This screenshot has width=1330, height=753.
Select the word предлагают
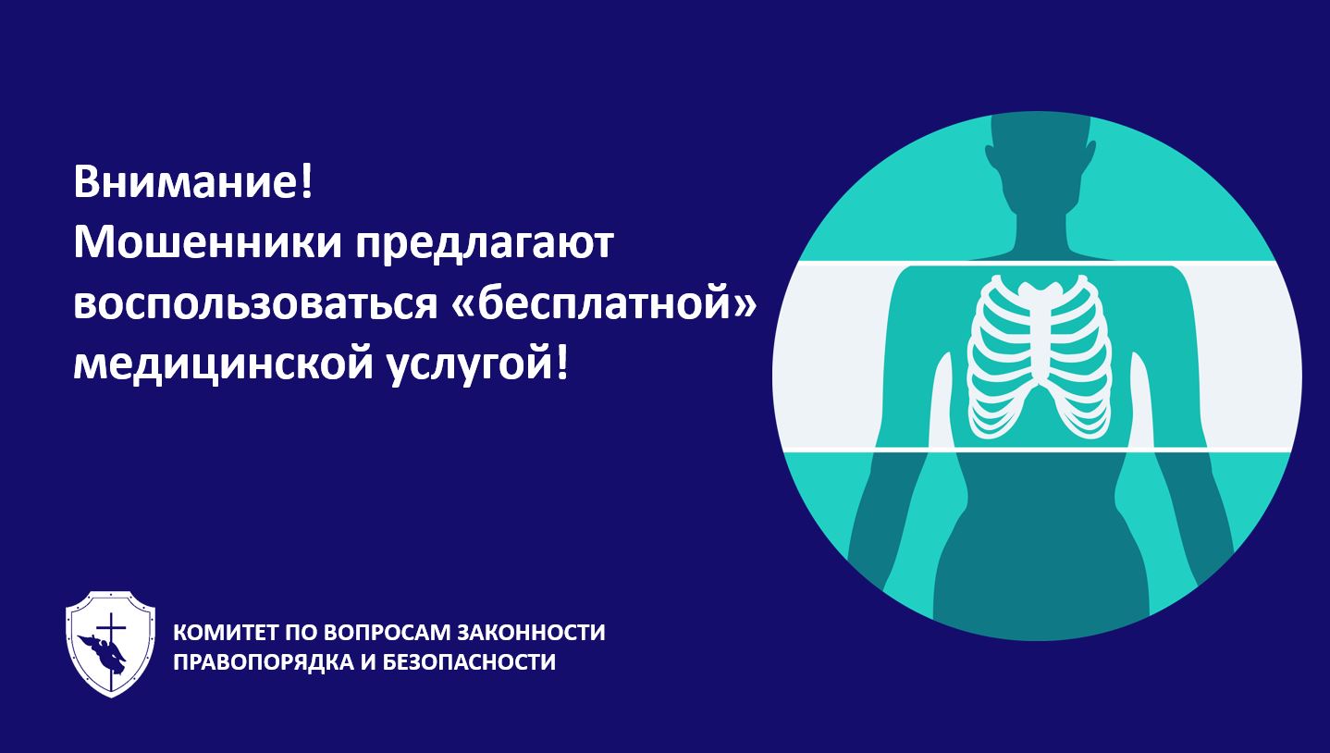pos(485,246)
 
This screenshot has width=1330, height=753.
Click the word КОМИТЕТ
pos(227,632)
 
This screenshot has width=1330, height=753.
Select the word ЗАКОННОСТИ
pos(531,632)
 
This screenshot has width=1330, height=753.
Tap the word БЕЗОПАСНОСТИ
pos(469,661)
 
